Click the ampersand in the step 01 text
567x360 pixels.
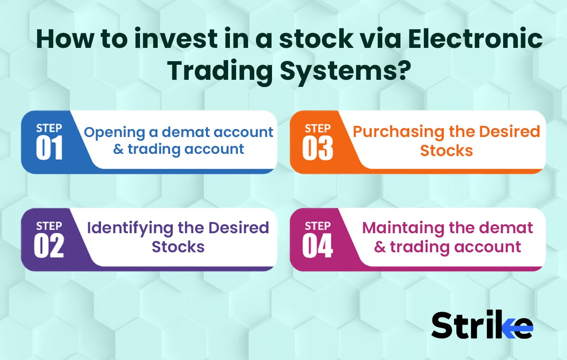(118, 149)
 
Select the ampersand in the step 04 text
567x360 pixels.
(380, 247)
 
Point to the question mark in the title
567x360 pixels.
(400, 71)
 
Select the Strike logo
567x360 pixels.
(482, 325)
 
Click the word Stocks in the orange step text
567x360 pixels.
(447, 150)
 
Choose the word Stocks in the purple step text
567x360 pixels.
(178, 247)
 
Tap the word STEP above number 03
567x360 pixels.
(318, 129)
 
